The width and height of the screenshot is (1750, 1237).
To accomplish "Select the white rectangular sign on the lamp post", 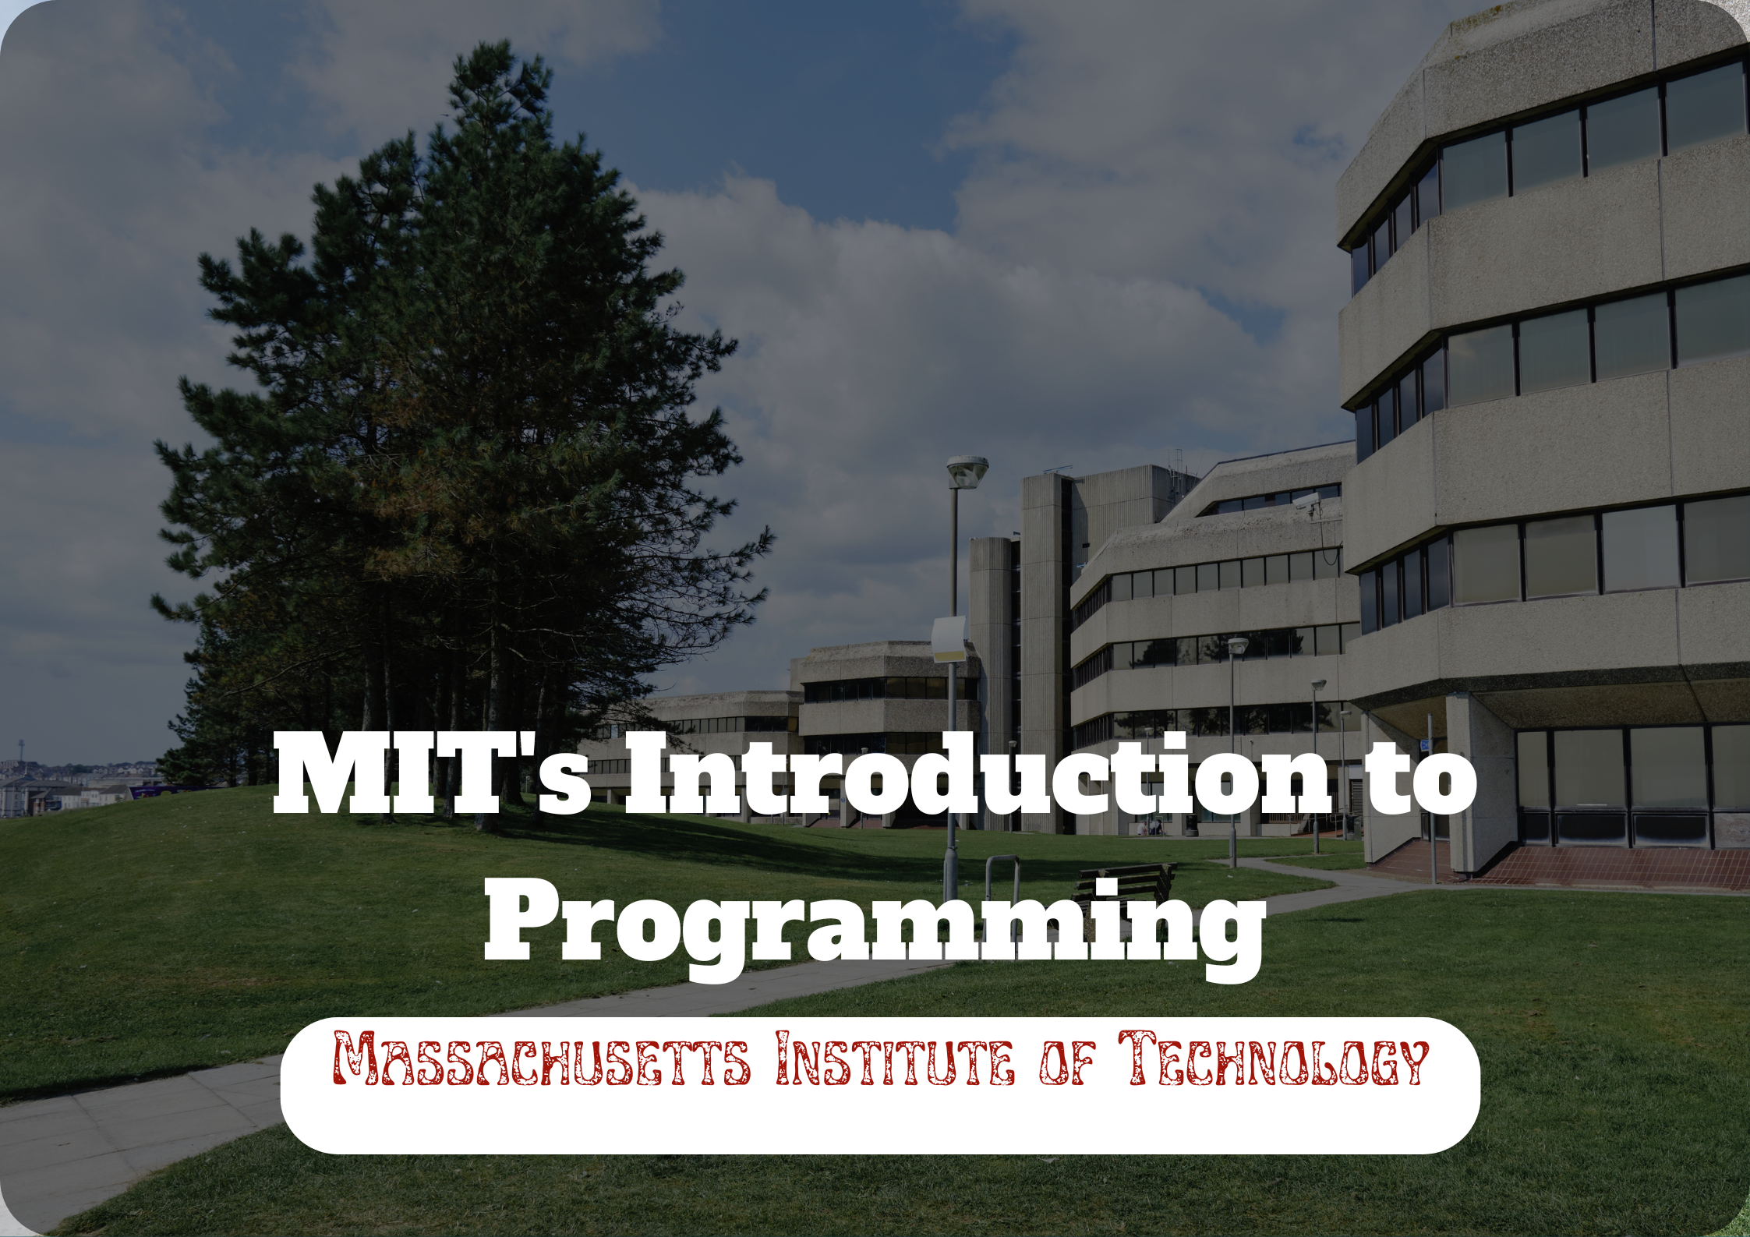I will pos(949,640).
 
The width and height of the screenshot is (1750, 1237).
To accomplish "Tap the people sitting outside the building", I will pos(1152,828).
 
